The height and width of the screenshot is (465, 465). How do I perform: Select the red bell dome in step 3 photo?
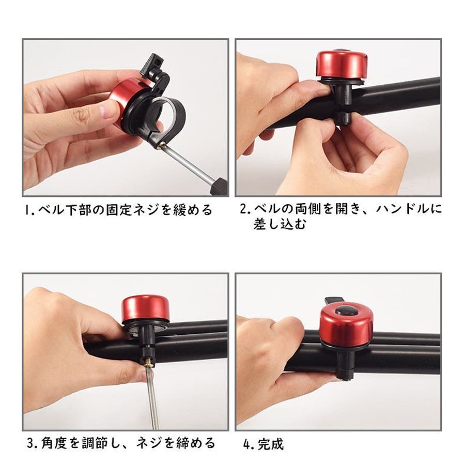pos(145,308)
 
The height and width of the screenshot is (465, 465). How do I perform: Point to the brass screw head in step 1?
pos(162,145)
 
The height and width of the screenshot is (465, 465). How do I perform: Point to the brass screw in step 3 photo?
pos(148,362)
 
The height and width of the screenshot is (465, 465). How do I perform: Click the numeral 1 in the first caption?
pos(27,210)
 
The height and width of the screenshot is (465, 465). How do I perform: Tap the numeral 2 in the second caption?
pos(243,209)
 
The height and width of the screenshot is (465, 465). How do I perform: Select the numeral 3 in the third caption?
pos(31,443)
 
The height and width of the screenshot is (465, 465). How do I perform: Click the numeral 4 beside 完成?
pos(247,444)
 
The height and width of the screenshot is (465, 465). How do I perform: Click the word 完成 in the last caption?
pos(271,444)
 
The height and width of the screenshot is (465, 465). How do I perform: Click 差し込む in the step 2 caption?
pos(280,224)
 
